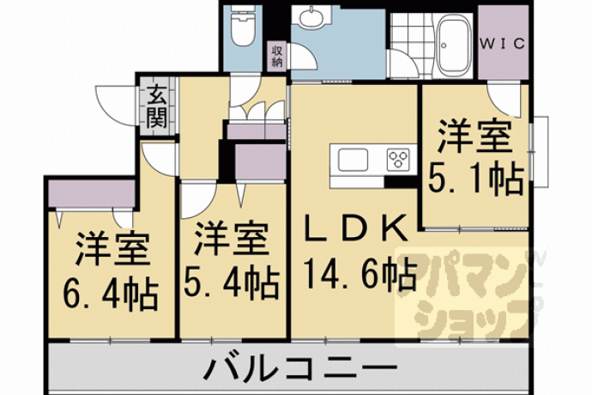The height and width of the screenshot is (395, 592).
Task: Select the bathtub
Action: tap(455, 46)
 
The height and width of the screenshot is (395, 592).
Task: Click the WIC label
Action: tap(503, 44)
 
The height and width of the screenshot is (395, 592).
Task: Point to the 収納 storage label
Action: tap(277, 57)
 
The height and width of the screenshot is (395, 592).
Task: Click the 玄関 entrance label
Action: tap(157, 106)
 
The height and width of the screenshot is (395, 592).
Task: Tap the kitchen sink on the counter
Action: tap(353, 160)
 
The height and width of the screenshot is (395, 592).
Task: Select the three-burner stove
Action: tap(399, 159)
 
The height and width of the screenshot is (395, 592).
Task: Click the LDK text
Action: tap(356, 228)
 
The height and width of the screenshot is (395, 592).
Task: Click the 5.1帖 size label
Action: tap(475, 180)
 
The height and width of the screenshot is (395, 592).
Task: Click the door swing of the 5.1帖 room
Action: tap(504, 100)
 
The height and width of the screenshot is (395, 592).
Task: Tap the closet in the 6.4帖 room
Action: tap(92, 193)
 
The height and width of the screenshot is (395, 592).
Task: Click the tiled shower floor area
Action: tap(413, 46)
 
